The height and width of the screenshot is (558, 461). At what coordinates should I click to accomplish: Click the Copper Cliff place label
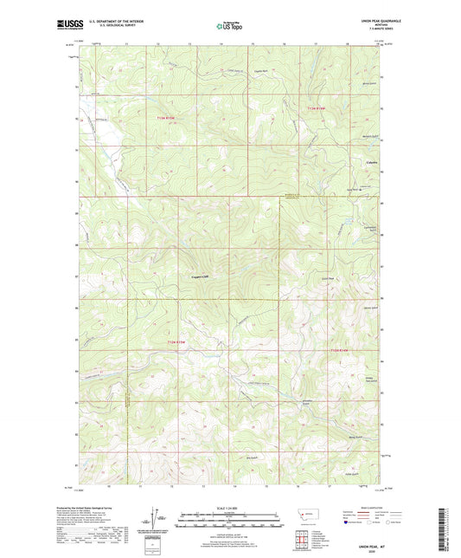(202, 277)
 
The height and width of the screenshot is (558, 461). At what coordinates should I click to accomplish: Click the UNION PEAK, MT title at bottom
(362, 543)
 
